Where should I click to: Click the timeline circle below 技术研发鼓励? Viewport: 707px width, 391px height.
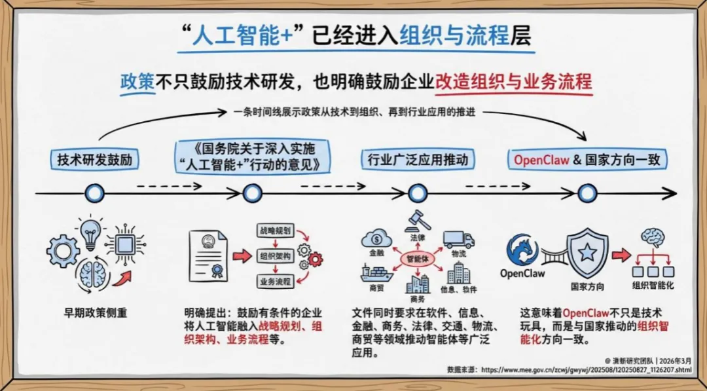[x=96, y=193]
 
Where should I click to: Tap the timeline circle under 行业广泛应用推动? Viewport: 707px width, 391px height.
[x=417, y=193]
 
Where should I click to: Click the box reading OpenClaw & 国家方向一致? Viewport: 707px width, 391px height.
[x=587, y=159]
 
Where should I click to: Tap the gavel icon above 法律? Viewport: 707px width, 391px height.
[x=416, y=219]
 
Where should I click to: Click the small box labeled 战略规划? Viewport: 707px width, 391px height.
[x=275, y=231]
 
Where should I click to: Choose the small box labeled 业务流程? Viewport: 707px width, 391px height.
[x=275, y=282]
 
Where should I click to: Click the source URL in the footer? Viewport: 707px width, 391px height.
[x=585, y=369]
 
